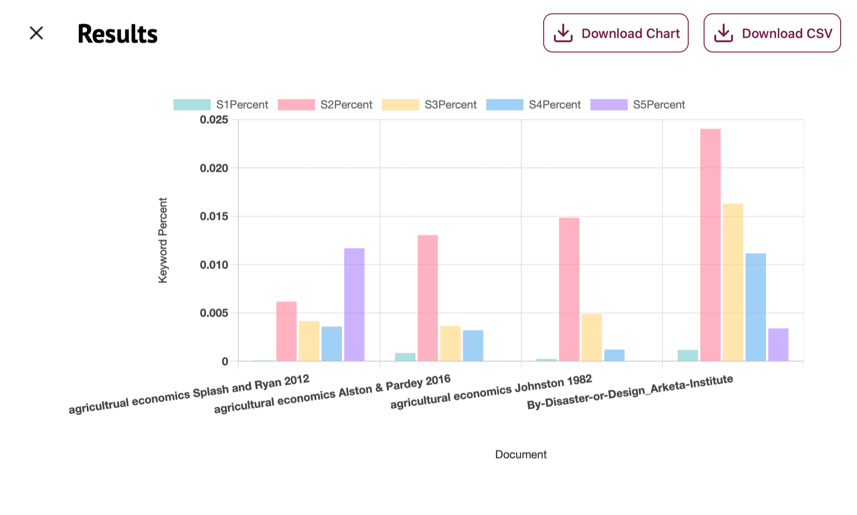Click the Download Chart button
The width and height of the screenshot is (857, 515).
615,33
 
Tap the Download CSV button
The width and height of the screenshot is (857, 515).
772,33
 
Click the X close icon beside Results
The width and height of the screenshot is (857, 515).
36,33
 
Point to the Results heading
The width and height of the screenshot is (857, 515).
117,34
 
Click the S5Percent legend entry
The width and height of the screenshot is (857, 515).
637,104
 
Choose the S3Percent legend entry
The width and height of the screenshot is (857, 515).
429,104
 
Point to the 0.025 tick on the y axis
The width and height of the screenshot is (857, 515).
214,120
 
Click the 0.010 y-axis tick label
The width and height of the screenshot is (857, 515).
214,265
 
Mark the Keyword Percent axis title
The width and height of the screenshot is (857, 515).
162,240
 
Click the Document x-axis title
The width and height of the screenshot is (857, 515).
520,454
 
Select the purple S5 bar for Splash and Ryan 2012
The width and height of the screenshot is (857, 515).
354,304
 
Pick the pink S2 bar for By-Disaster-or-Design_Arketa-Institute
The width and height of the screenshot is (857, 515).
710,244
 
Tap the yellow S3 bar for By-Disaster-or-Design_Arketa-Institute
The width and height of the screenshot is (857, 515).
733,282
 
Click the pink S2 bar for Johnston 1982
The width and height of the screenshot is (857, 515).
569,289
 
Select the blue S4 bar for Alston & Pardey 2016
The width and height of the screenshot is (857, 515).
473,345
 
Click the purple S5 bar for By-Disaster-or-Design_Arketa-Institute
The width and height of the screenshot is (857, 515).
778,344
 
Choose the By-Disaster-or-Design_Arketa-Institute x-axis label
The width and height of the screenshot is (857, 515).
629,392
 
